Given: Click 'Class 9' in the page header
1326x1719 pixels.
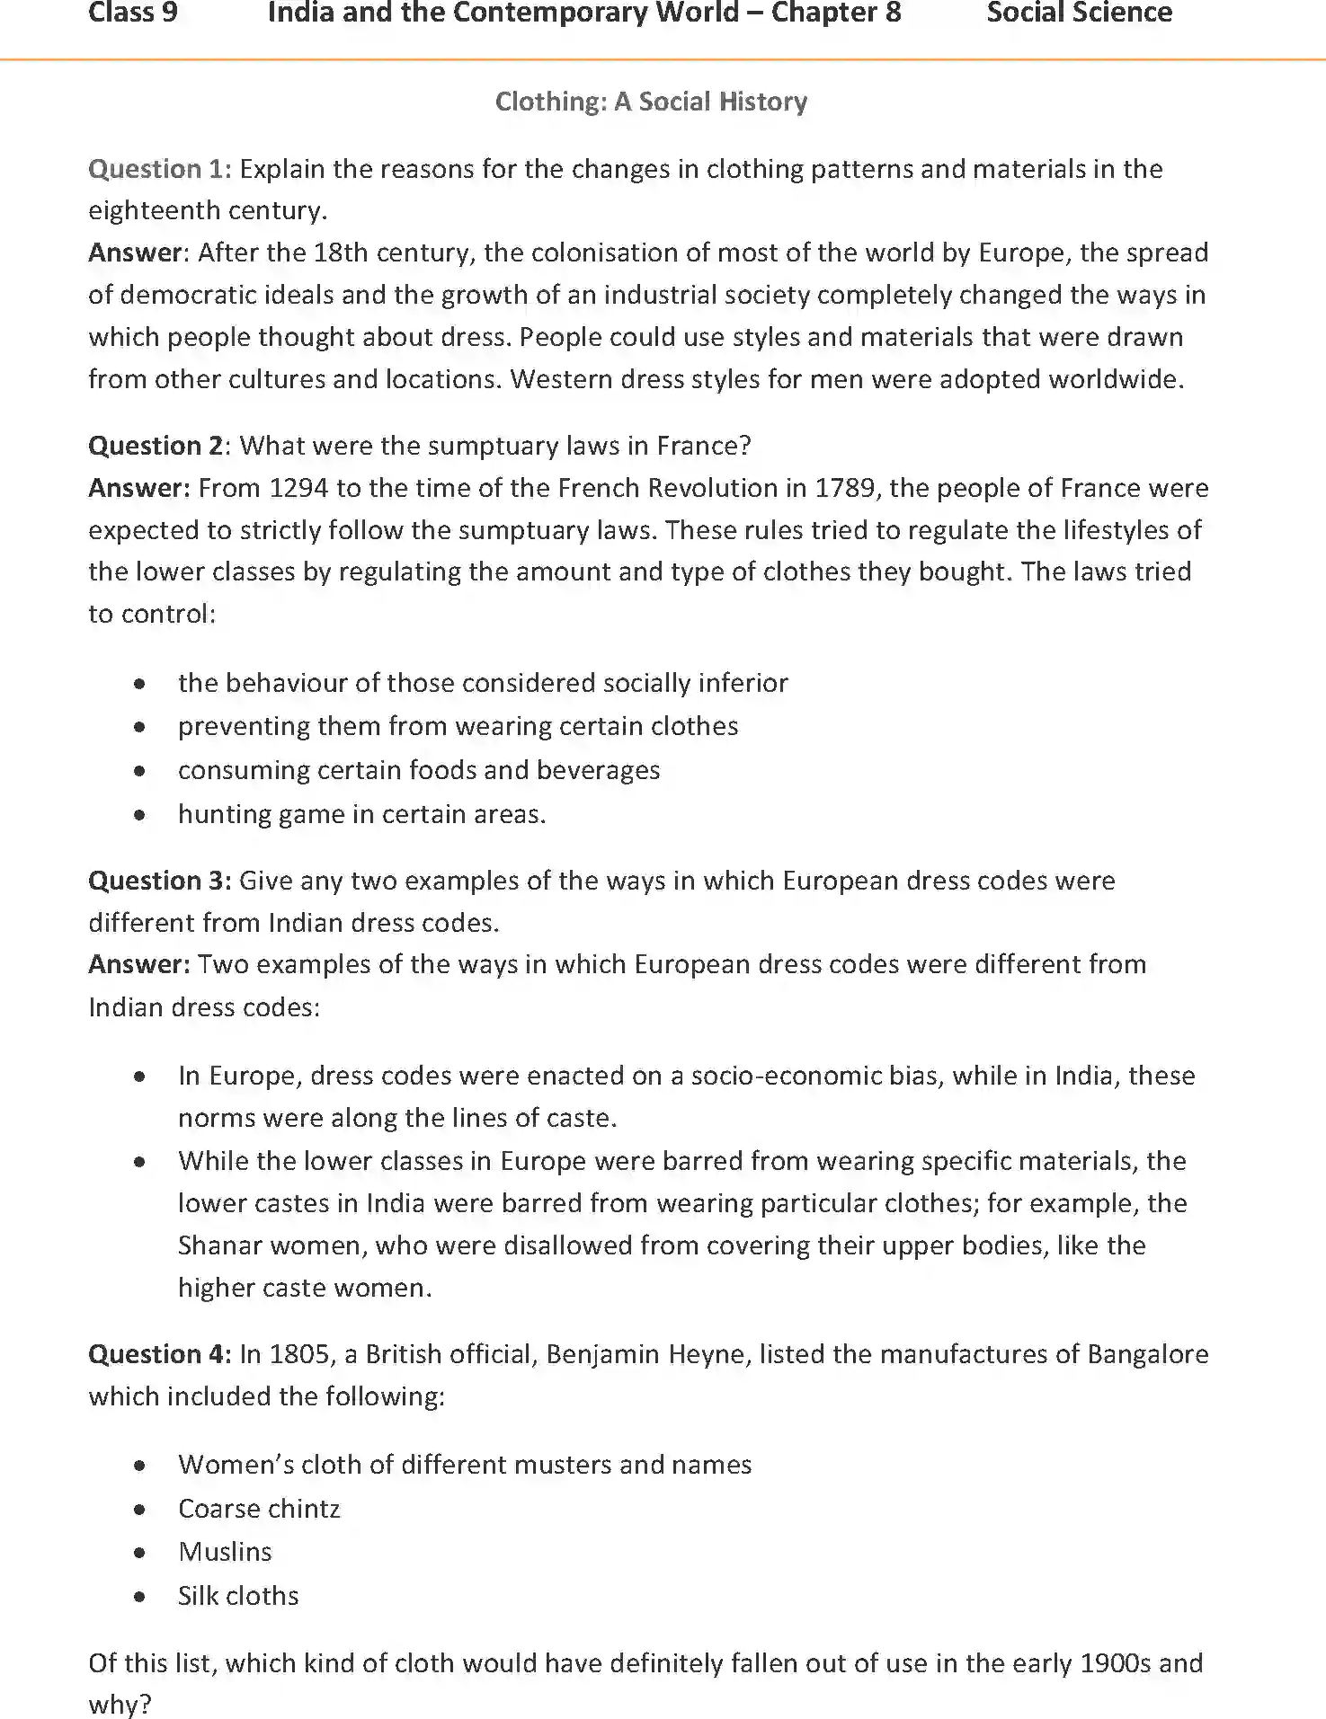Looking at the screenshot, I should [x=133, y=13].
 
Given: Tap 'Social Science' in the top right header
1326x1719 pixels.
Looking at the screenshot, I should [x=1079, y=13].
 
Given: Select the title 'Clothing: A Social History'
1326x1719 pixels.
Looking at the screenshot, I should [x=651, y=102].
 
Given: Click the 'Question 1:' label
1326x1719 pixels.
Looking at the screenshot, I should [x=159, y=169].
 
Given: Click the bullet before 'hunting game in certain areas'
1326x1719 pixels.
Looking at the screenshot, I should [x=139, y=816].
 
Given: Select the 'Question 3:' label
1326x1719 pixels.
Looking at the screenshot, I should [x=159, y=881].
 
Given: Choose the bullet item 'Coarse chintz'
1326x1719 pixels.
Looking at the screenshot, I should [x=259, y=1509].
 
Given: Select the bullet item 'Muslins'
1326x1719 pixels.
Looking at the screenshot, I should [x=225, y=1552].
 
